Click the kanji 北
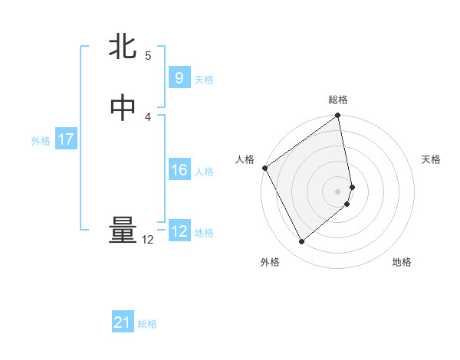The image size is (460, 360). [x=123, y=47]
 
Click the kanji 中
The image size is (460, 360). [x=123, y=108]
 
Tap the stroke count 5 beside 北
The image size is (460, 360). [x=148, y=55]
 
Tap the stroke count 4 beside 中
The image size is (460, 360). [x=148, y=116]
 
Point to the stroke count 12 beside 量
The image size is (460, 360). [x=147, y=240]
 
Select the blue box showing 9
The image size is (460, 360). [x=179, y=77]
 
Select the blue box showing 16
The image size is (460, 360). [x=179, y=170]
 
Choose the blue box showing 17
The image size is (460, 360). [x=66, y=139]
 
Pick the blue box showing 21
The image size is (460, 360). [x=123, y=323]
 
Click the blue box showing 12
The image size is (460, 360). [x=179, y=231]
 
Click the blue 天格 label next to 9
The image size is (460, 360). [x=204, y=80]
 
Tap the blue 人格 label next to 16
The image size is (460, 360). [x=204, y=172]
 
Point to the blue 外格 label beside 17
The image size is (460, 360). [x=41, y=141]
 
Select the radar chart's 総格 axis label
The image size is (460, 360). [x=338, y=100]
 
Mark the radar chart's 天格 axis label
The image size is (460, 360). [x=432, y=159]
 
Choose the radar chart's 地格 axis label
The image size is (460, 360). [x=402, y=262]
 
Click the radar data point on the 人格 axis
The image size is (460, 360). [x=264, y=168]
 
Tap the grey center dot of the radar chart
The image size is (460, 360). [x=338, y=191]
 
